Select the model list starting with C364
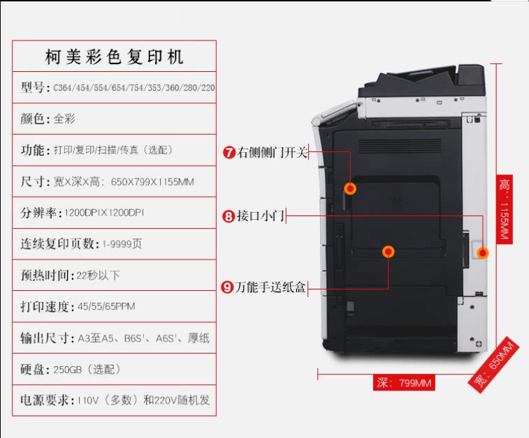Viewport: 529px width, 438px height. coord(133,88)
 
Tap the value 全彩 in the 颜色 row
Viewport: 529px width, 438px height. coord(64,119)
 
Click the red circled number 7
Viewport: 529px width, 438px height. coord(229,152)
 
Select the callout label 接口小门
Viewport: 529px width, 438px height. coord(260,216)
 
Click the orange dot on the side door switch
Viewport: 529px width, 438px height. coord(351,188)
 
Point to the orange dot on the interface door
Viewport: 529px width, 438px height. coord(481,252)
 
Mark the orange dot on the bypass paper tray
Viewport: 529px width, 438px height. coord(388,252)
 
